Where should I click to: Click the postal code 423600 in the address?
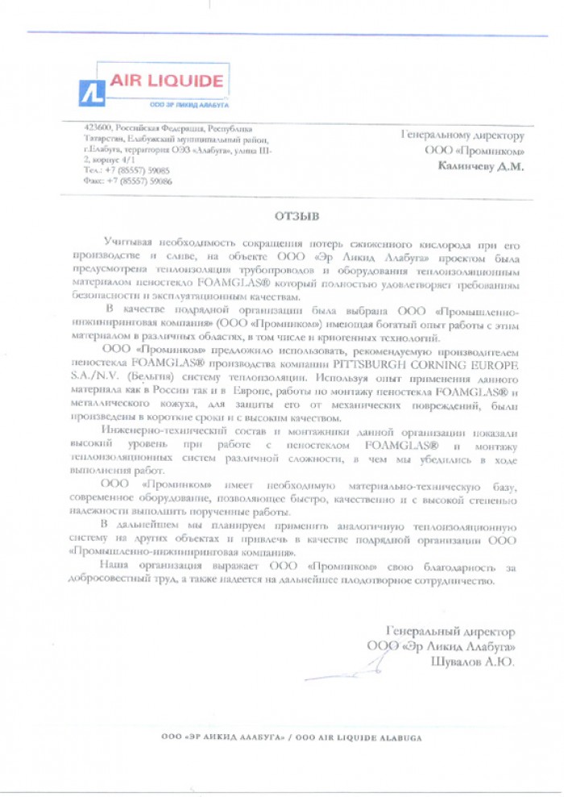pos(97,128)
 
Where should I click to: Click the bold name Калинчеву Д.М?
pos(481,167)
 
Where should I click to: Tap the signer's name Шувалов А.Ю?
pos(473,661)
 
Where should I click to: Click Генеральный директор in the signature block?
pos(450,632)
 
